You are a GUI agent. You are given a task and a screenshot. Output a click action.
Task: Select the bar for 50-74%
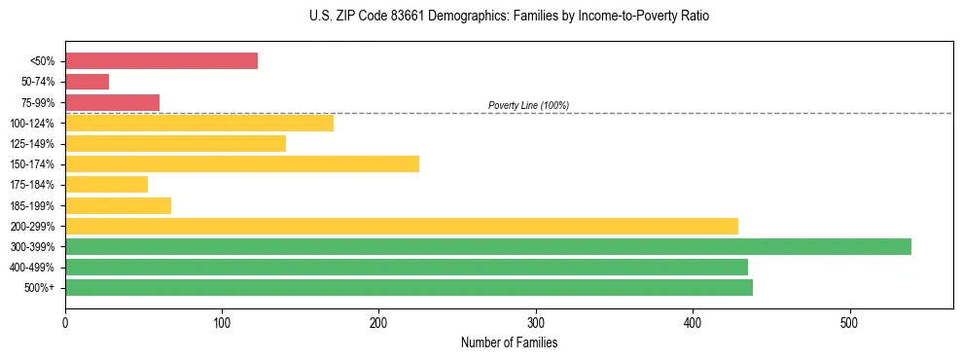tap(87, 82)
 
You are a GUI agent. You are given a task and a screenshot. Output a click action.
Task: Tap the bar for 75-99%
tap(112, 102)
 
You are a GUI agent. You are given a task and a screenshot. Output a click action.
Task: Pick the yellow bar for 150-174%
tap(242, 163)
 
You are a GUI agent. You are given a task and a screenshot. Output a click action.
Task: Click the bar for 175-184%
tap(106, 184)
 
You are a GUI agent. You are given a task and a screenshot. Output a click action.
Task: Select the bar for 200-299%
tap(402, 226)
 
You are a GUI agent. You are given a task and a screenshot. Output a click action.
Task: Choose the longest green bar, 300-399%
tap(488, 246)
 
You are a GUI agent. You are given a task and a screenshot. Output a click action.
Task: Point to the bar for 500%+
tap(409, 287)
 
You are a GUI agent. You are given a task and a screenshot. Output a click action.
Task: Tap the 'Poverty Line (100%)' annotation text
tap(528, 105)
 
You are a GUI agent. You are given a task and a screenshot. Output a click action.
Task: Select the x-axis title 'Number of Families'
tap(509, 342)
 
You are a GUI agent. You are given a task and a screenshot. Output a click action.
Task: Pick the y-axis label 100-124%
tap(33, 124)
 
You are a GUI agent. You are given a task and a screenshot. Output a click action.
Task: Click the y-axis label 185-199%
tap(33, 205)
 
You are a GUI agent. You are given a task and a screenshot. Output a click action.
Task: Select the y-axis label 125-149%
tap(33, 144)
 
